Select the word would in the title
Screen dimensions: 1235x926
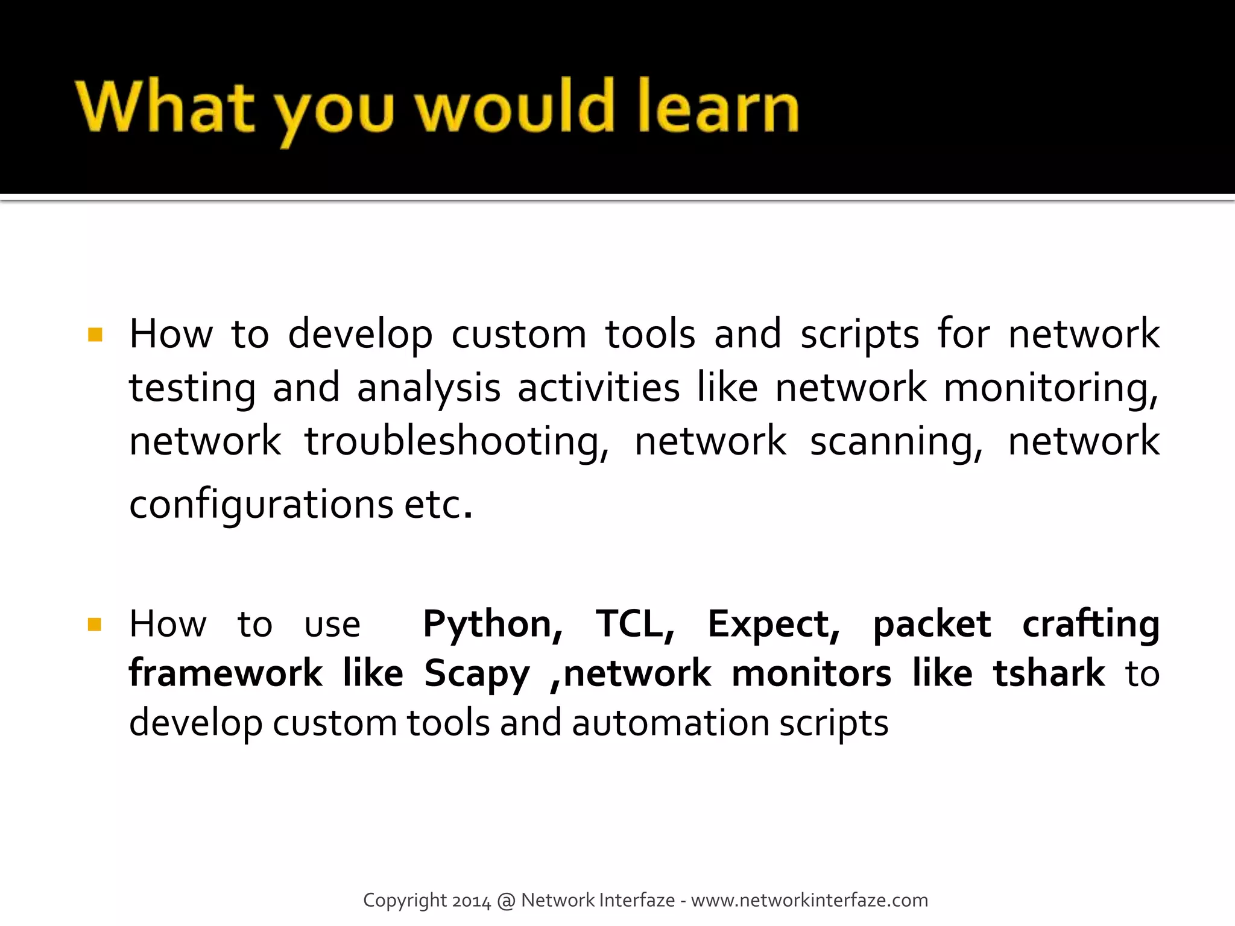[x=516, y=107]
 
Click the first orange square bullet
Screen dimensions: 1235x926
[x=95, y=335]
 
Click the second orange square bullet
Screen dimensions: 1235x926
[x=95, y=624]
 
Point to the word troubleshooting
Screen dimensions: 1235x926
[x=456, y=442]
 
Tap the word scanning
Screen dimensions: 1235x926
[x=896, y=442]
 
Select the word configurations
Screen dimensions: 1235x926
[x=261, y=505]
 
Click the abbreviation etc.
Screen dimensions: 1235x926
[x=437, y=505]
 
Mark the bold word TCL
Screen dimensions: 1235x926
[x=635, y=624]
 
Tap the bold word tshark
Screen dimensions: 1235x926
[x=1049, y=673]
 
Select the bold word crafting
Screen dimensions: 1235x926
[x=1090, y=625]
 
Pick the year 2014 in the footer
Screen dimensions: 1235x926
[x=472, y=901]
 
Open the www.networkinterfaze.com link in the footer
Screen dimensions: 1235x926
[x=809, y=900]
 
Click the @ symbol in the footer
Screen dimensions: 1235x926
[x=506, y=901]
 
